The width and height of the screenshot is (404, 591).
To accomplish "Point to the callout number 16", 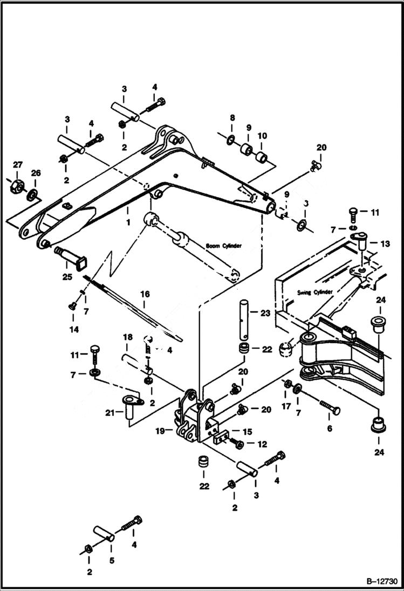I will [x=145, y=295].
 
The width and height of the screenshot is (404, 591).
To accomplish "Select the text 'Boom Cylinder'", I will [x=224, y=246].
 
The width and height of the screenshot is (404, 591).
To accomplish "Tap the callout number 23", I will [x=265, y=312].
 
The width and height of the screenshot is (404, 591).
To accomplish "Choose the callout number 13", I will [x=385, y=244].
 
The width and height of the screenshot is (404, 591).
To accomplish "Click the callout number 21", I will [x=109, y=413].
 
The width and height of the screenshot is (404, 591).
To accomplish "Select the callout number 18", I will [x=127, y=338].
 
